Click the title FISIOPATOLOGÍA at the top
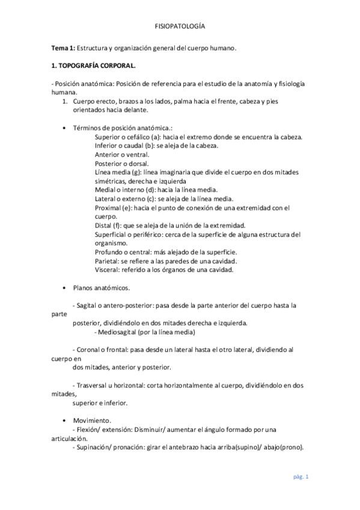click(x=180, y=27)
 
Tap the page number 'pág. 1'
click(x=301, y=477)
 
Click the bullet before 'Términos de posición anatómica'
click(x=65, y=128)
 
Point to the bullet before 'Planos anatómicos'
click(x=65, y=288)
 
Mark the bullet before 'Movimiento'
click(x=65, y=420)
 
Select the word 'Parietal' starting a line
click(x=106, y=261)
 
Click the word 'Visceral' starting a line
click(x=107, y=270)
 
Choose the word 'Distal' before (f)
click(x=104, y=226)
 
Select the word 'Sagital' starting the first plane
click(x=87, y=306)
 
